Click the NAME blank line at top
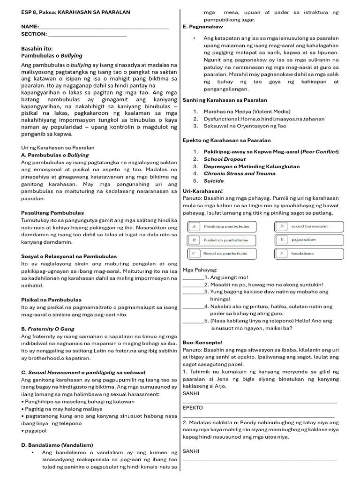coord(103,27)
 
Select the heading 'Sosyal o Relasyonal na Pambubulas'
coord(69,256)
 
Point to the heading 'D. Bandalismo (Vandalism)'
coord(57,445)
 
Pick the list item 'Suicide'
coord(214,181)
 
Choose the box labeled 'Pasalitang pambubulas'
coord(222,226)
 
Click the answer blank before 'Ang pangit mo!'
coord(193,277)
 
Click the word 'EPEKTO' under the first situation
coord(193,408)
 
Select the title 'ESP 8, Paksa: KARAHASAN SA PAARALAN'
coord(76,12)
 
